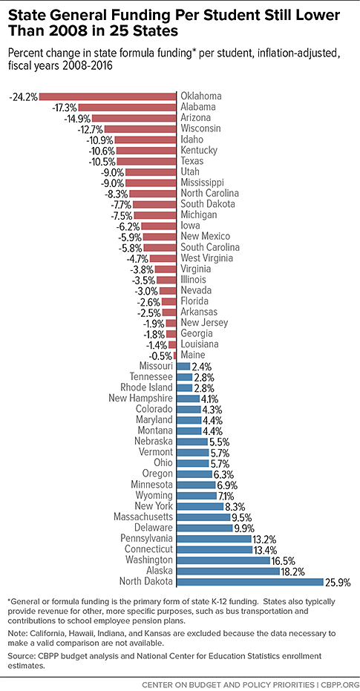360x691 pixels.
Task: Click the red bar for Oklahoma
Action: [x=108, y=96]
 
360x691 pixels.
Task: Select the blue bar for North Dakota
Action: [x=250, y=582]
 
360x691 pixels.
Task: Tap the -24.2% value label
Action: [x=23, y=96]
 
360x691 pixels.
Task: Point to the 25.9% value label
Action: [x=338, y=582]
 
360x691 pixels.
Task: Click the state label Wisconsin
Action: [x=201, y=128]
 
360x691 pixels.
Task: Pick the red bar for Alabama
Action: [x=128, y=107]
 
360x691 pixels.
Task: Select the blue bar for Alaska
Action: [x=229, y=572]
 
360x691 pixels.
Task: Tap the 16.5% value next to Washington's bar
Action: [x=283, y=560]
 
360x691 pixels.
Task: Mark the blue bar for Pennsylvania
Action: [x=215, y=539]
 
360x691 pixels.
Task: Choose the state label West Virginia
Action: [x=206, y=258]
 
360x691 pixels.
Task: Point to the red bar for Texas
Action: [x=147, y=161]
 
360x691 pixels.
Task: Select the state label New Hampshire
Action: [x=140, y=399]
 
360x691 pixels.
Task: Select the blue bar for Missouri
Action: [x=183, y=366]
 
